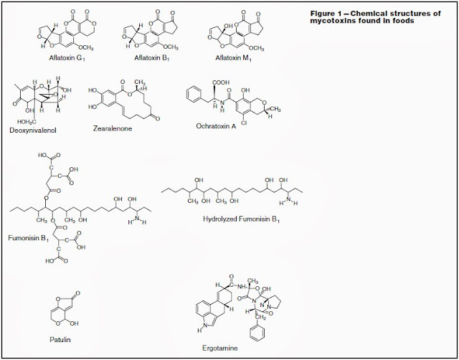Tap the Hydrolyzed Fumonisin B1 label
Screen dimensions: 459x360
pos(240,214)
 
